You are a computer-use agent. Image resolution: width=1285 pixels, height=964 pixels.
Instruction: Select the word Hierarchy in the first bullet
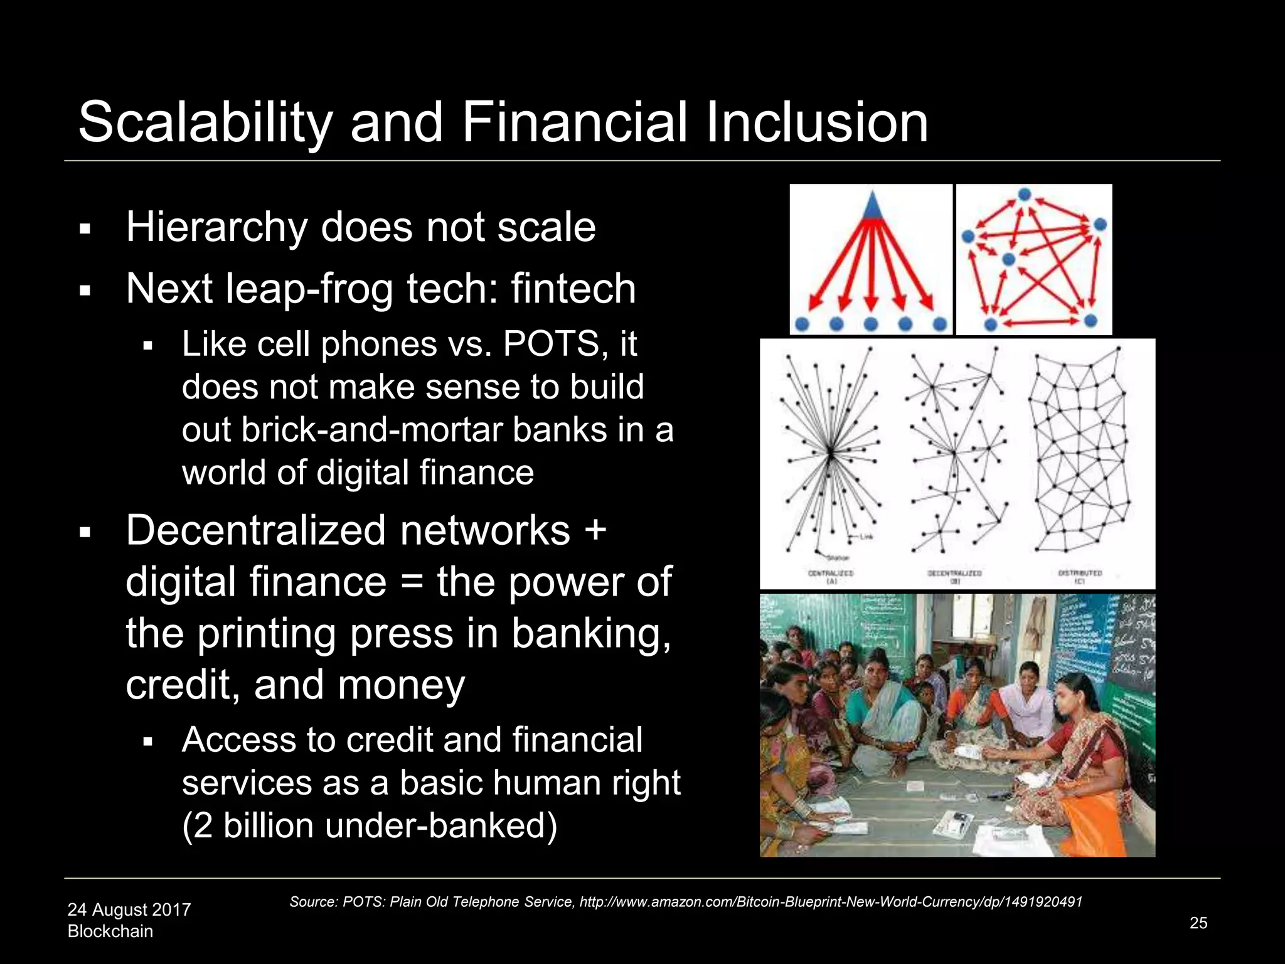coord(216,227)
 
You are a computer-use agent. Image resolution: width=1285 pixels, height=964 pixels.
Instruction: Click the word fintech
coord(573,289)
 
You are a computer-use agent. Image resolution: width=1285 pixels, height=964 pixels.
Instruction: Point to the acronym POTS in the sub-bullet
coord(550,344)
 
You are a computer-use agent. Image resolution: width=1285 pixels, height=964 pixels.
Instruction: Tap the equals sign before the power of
coord(411,582)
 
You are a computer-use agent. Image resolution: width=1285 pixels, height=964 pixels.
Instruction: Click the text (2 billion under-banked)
coord(370,825)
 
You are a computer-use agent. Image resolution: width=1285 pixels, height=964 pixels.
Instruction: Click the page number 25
coord(1198,923)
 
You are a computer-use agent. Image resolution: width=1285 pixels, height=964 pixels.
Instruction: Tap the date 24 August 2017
coord(129,909)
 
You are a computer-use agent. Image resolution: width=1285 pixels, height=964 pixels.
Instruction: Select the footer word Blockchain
coord(110,931)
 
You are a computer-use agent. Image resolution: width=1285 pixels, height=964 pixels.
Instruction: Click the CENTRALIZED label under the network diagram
coord(831,573)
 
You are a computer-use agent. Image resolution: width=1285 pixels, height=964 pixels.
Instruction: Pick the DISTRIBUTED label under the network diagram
coord(1080,573)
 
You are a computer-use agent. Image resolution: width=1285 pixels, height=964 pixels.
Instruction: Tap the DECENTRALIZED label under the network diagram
coord(954,573)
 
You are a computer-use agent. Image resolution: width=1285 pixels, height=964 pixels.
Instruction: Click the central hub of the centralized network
coord(830,452)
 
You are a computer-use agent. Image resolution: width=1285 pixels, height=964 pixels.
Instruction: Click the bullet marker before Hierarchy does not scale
coord(85,229)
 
